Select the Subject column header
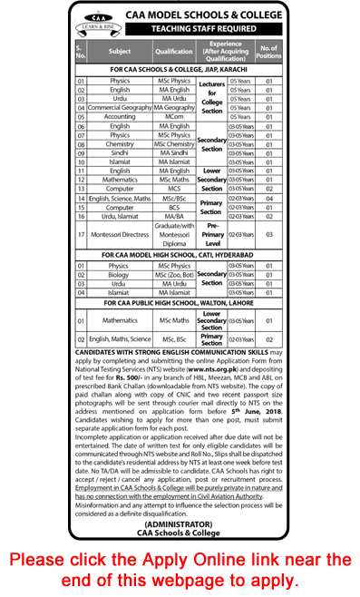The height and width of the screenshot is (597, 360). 120,52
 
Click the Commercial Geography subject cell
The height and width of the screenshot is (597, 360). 120,107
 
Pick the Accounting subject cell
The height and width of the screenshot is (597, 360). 120,116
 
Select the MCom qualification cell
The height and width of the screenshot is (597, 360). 175,116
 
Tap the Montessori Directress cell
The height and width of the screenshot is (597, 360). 120,233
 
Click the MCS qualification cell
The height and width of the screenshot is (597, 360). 175,189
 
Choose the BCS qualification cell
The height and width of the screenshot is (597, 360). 175,208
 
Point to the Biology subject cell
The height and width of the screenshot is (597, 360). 120,275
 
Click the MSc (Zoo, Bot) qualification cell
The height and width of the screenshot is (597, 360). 175,275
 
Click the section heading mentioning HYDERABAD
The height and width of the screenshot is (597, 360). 181,256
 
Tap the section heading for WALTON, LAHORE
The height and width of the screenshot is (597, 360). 181,304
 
